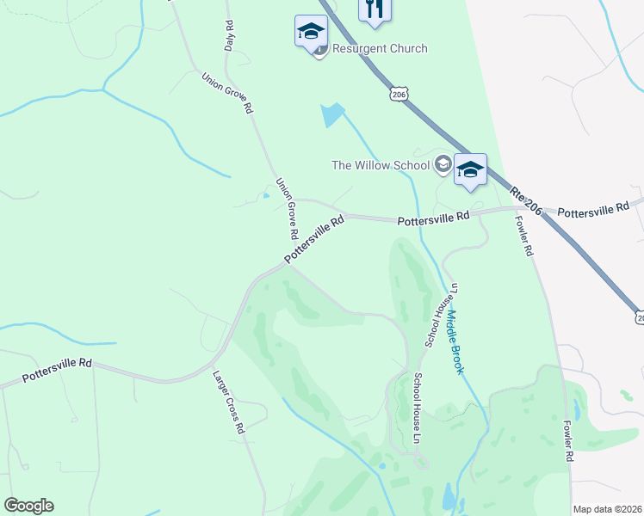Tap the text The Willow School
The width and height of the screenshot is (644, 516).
(x=381, y=165)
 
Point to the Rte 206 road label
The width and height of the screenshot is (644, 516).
(x=525, y=202)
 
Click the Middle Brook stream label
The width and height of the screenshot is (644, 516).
(x=455, y=341)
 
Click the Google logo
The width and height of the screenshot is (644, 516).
(x=28, y=505)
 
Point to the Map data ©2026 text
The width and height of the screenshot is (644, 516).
(x=607, y=509)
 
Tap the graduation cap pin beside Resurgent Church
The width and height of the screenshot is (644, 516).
(x=310, y=32)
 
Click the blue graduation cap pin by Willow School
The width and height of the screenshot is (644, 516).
(x=470, y=169)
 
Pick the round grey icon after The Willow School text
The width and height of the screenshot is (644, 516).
(x=443, y=164)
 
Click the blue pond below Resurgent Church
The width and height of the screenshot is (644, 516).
(x=331, y=114)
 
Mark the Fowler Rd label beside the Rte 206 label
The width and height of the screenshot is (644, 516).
(x=525, y=236)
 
